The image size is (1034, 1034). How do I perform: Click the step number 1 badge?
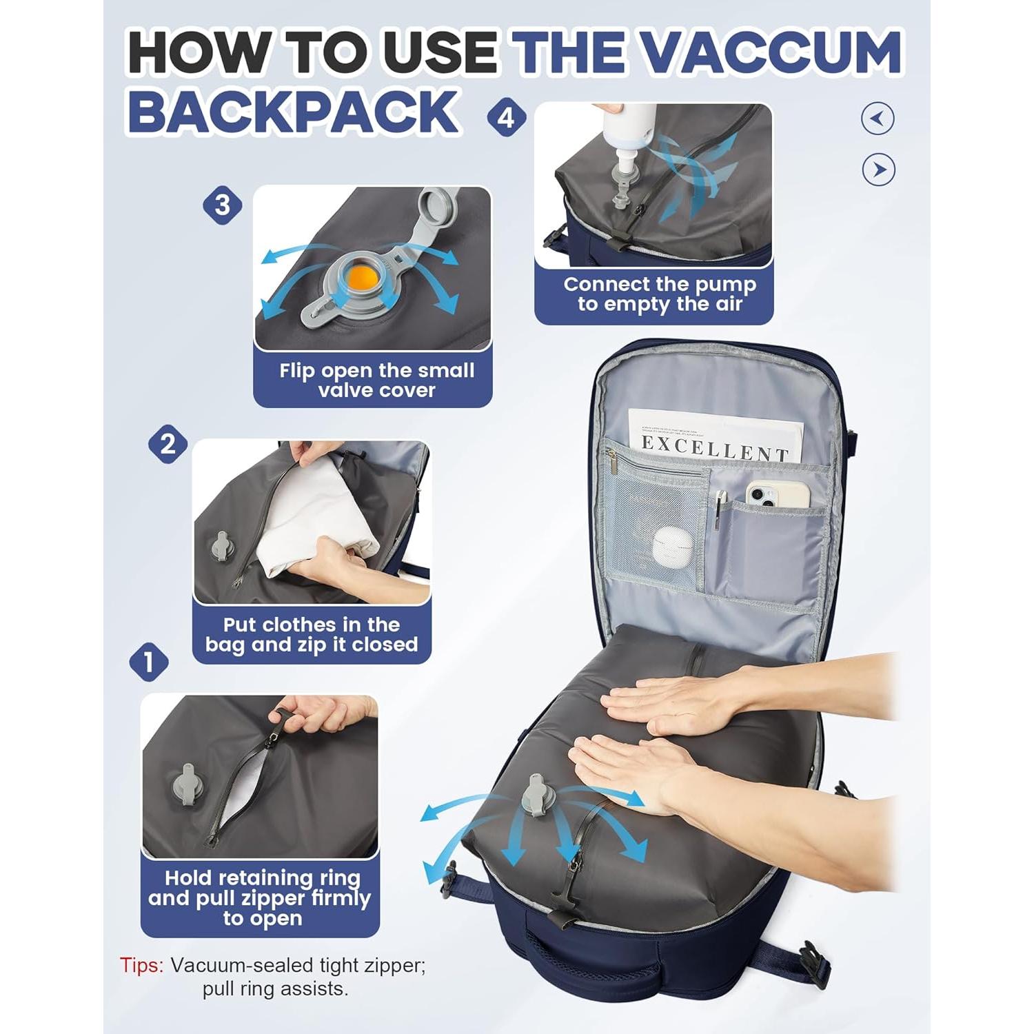[x=149, y=662]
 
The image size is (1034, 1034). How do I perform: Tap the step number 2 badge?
[x=168, y=445]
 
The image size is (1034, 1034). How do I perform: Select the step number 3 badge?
[x=222, y=205]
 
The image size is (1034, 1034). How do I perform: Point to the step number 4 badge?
[x=507, y=118]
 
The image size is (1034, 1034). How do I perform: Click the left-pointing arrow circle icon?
[x=878, y=119]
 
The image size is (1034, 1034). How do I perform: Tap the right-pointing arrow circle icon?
[x=878, y=170]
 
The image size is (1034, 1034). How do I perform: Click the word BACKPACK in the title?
[x=294, y=112]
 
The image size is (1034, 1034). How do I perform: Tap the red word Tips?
[x=141, y=965]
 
